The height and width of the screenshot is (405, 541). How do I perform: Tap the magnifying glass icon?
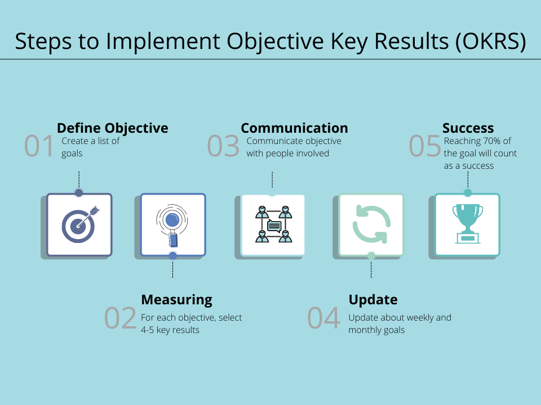[x=172, y=226]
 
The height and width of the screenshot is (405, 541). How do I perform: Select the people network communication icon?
[x=274, y=224]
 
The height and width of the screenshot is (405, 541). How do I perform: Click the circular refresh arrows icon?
[x=371, y=224]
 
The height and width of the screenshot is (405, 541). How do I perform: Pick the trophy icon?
[x=468, y=224]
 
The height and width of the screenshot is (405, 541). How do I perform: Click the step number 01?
[x=39, y=146]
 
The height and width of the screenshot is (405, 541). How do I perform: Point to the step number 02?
[x=121, y=318]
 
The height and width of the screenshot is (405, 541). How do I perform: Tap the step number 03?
[x=223, y=146]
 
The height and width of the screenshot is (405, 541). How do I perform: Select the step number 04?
[x=323, y=318]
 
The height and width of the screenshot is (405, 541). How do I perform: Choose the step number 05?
[x=425, y=146]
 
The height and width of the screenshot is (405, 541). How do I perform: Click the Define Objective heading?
[x=113, y=128]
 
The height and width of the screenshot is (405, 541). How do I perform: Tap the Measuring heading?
[x=176, y=300]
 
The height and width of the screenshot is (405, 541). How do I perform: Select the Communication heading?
[x=294, y=128]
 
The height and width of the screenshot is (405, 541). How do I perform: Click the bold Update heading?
[x=373, y=300]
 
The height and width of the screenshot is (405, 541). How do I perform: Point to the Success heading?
[x=468, y=128]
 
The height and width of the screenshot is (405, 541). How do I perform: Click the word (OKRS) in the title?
[x=490, y=41]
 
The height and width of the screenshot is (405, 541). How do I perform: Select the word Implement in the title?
[x=163, y=41]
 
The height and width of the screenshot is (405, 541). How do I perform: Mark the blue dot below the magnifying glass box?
[x=172, y=255]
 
